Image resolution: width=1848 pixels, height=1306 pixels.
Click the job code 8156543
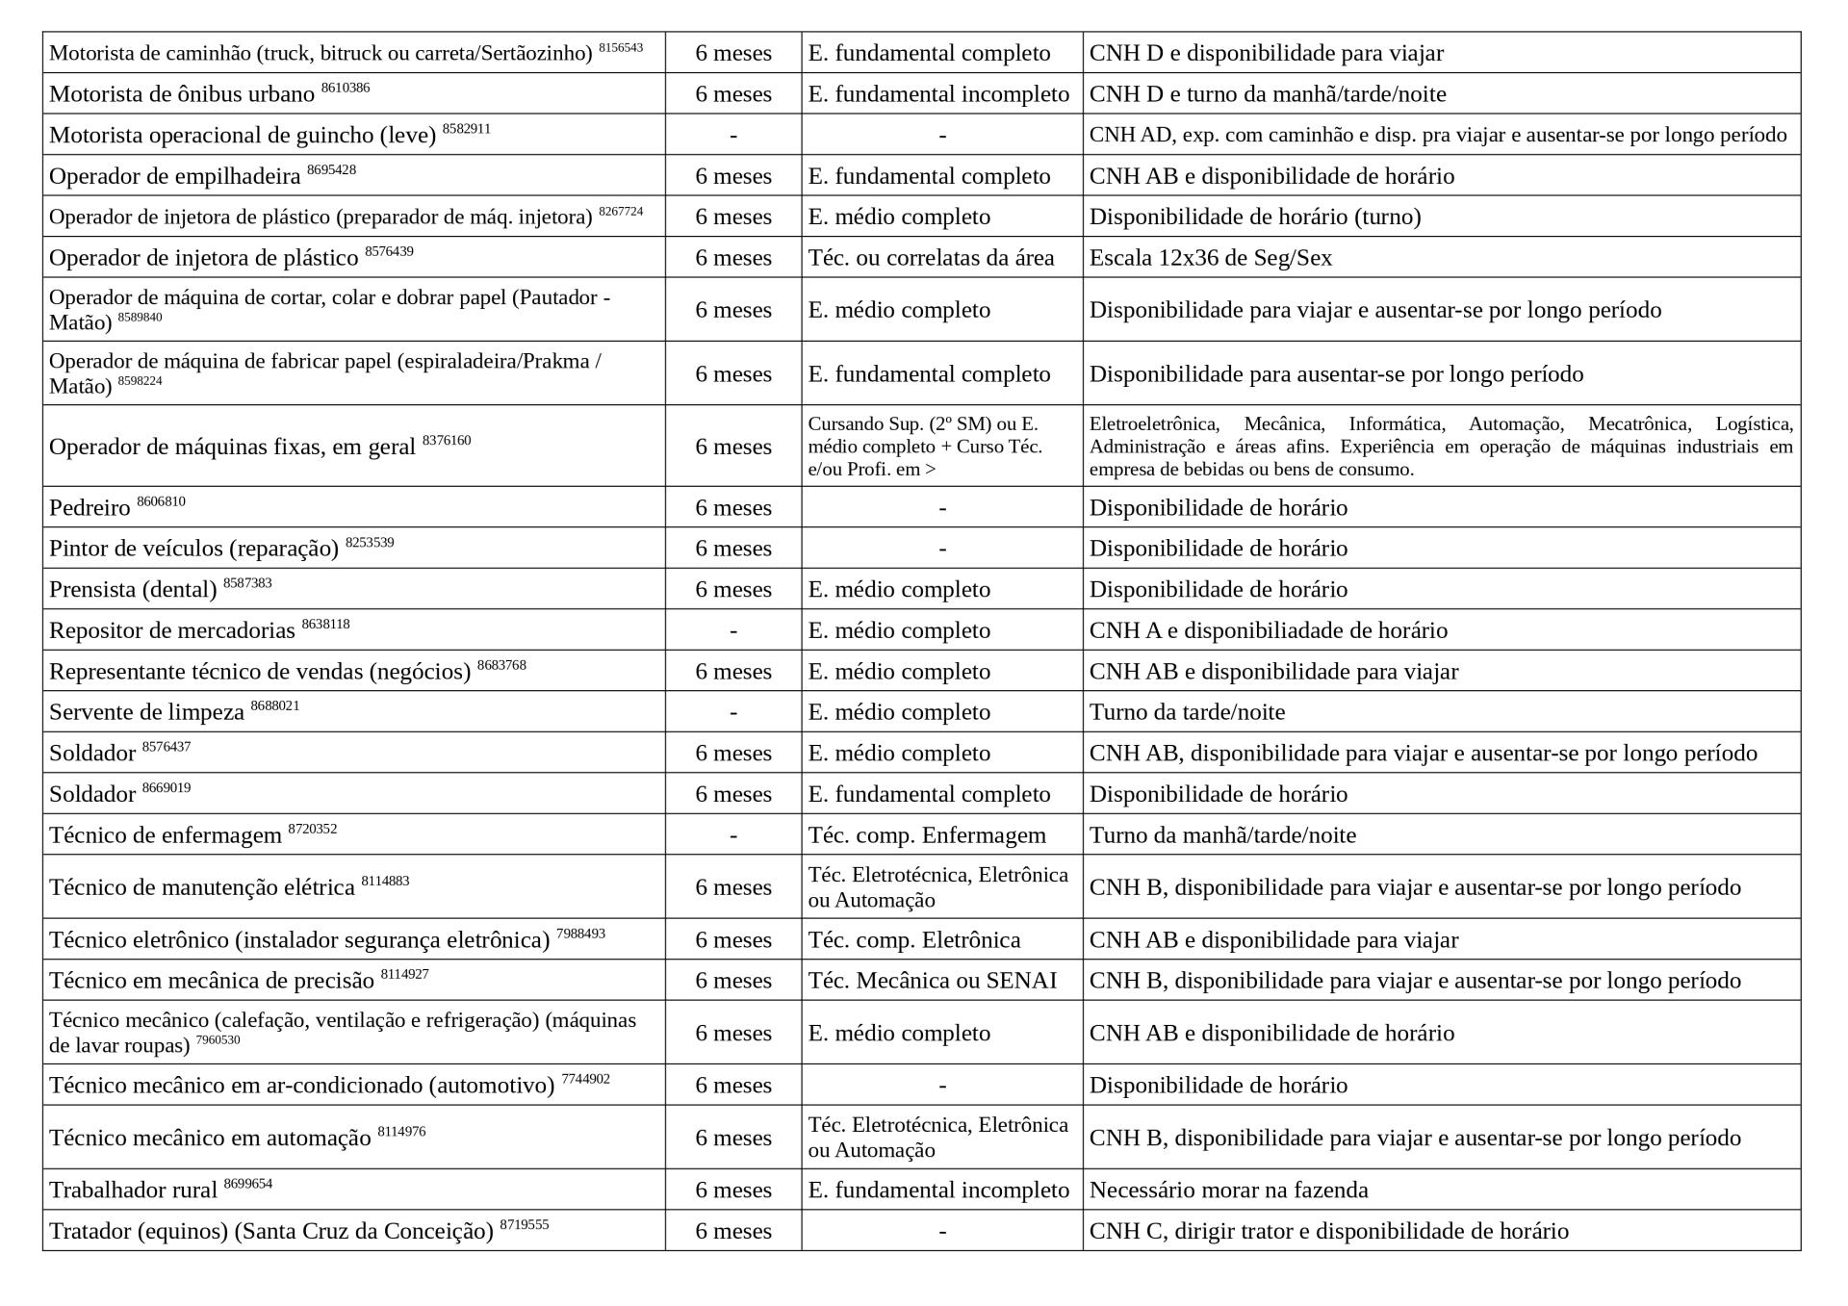click(x=620, y=47)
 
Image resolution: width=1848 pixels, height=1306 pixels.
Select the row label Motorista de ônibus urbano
click(x=182, y=94)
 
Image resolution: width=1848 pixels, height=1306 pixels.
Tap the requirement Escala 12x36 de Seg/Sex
click(x=1210, y=258)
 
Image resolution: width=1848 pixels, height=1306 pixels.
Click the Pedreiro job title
click(x=90, y=508)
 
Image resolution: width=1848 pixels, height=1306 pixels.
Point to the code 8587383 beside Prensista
click(x=247, y=583)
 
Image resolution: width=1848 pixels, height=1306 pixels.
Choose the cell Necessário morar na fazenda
click(x=1228, y=1191)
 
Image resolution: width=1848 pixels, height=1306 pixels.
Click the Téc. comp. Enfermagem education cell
click(x=926, y=835)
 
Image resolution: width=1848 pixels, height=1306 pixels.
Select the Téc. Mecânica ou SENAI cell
click(x=932, y=981)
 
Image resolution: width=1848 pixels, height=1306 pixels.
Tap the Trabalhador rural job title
click(x=133, y=1191)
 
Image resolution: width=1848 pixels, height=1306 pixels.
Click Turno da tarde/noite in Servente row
click(x=1187, y=712)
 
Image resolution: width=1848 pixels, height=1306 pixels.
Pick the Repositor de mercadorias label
click(x=171, y=630)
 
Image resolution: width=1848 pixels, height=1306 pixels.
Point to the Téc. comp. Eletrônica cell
click(x=913, y=940)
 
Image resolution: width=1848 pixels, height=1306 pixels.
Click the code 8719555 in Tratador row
click(x=525, y=1225)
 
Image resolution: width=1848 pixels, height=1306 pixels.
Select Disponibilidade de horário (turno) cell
click(x=1254, y=217)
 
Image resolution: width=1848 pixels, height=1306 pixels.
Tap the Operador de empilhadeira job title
click(x=174, y=176)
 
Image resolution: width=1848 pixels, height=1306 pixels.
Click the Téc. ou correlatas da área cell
click(x=931, y=258)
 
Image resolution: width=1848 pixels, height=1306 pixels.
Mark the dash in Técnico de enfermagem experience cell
click(x=733, y=835)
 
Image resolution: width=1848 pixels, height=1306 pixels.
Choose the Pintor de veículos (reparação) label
click(x=193, y=549)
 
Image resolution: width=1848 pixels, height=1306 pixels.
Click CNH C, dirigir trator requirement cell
click(x=1328, y=1231)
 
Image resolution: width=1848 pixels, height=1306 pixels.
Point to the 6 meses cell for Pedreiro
click(x=733, y=508)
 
